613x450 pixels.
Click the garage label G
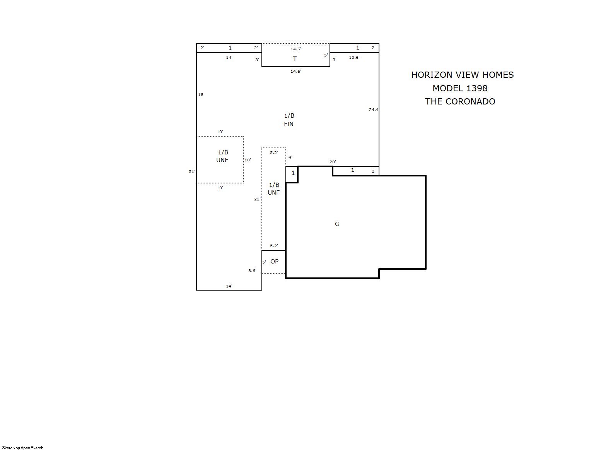coord(337,224)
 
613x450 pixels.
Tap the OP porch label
coord(274,262)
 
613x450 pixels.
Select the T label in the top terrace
coord(295,58)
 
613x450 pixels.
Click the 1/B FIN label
coord(289,120)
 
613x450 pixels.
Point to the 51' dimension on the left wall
coord(192,172)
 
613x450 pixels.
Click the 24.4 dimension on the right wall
coord(374,110)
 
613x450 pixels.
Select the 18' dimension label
coord(201,95)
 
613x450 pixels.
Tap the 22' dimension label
coord(257,199)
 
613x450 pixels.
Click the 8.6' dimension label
coord(252,271)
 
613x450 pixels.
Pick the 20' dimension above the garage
coord(333,162)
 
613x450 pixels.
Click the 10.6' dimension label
coord(354,58)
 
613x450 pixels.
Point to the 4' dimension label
coord(290,157)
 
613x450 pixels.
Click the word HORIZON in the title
coord(432,75)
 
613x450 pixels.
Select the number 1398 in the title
coord(477,88)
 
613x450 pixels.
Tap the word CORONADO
coord(470,101)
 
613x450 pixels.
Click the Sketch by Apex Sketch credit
coord(23,448)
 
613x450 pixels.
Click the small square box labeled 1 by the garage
coord(292,175)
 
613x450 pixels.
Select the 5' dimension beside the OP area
coord(264,262)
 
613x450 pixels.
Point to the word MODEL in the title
coord(448,88)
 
